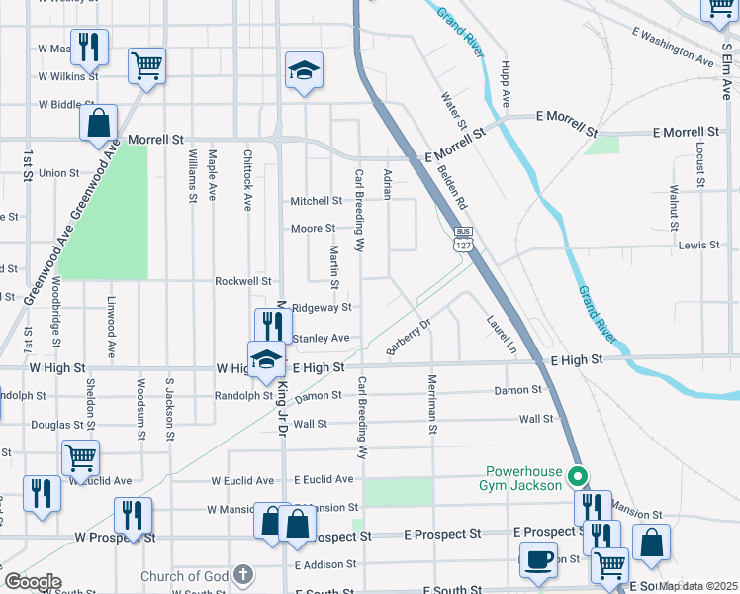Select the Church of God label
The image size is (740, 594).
point(185,576)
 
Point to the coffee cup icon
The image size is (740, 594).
point(539,559)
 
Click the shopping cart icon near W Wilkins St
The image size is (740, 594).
point(146,66)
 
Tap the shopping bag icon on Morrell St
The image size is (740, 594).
point(98,124)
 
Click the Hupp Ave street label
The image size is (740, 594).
point(505,84)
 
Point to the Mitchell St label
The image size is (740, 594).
point(316,201)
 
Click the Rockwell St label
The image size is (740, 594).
point(243,281)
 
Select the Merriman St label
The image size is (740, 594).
point(432,404)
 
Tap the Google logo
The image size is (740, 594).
point(32,582)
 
